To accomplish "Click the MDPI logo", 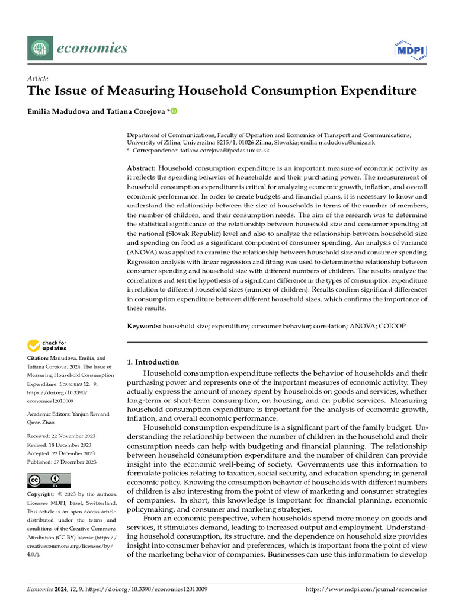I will (411, 49).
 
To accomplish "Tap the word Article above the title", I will (38, 79).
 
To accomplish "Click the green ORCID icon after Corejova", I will (174, 111).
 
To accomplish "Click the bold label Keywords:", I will (144, 327).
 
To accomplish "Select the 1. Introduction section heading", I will (153, 362).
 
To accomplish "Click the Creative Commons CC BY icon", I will (49, 480).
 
